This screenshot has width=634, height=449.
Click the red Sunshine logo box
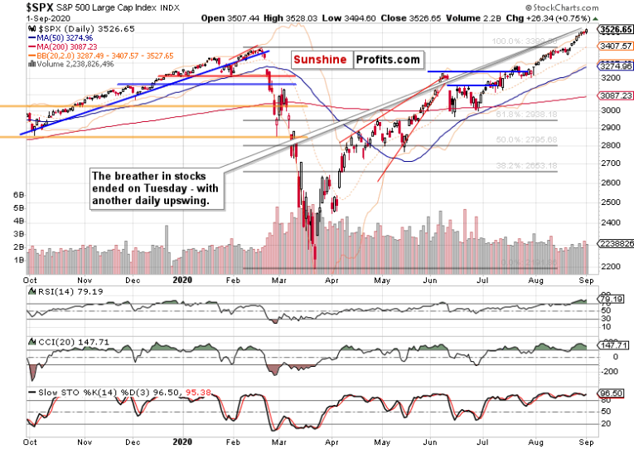coord(322,60)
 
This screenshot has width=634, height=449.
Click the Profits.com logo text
coord(388,60)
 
